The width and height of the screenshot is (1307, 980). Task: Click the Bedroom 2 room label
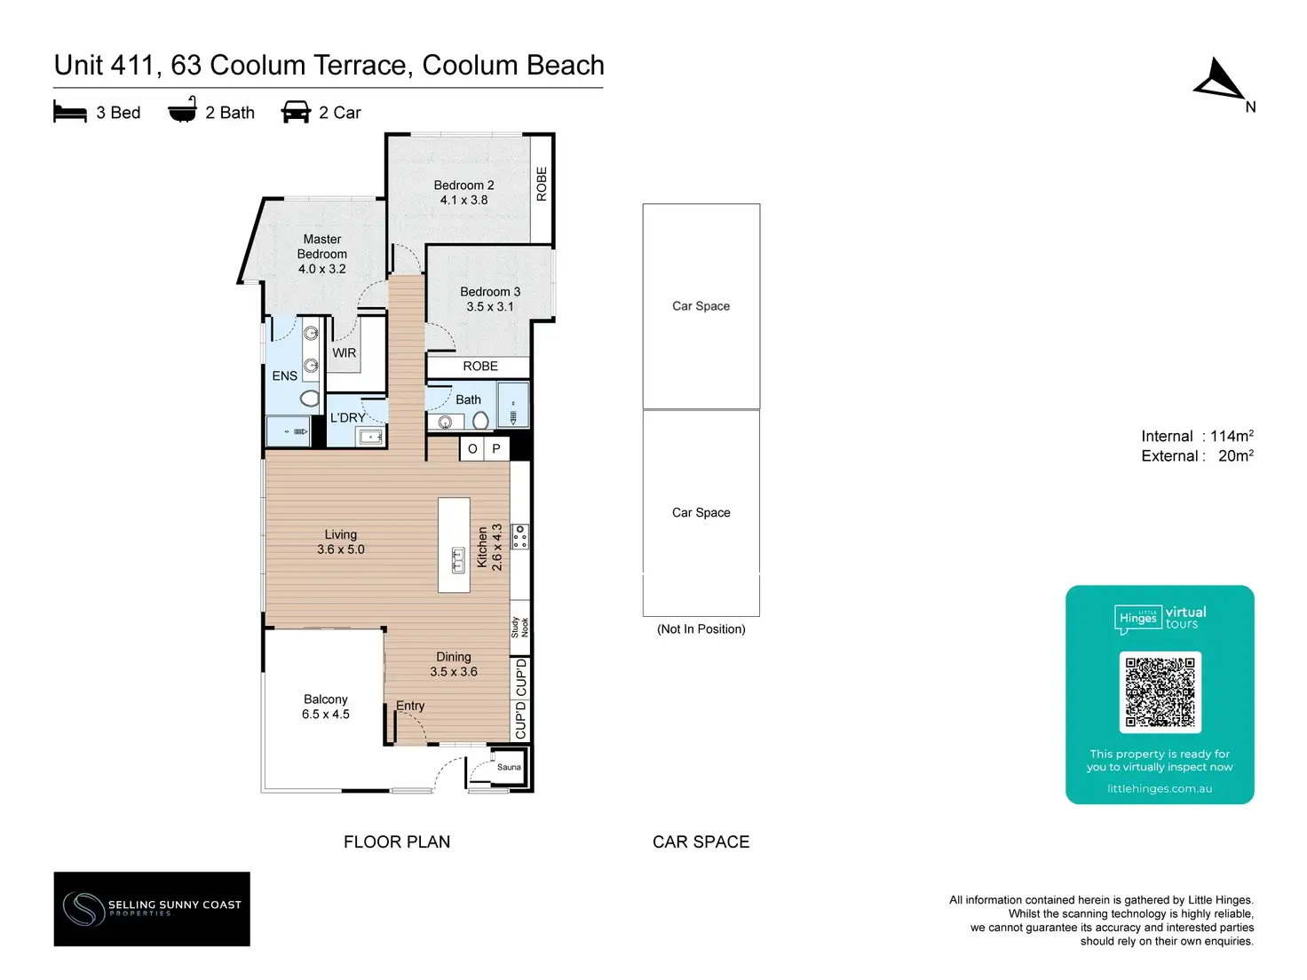pyautogui.click(x=463, y=186)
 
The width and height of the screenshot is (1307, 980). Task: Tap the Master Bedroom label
pyautogui.click(x=322, y=247)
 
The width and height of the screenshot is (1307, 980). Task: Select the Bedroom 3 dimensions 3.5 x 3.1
pyautogui.click(x=490, y=307)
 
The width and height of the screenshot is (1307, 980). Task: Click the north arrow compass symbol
pyautogui.click(x=1219, y=80)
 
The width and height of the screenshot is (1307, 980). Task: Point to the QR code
pyautogui.click(x=1160, y=692)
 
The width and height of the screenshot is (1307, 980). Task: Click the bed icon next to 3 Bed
pyautogui.click(x=70, y=112)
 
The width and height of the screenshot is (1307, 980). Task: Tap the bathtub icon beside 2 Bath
pyautogui.click(x=182, y=111)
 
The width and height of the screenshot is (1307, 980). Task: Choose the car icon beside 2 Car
pyautogui.click(x=296, y=112)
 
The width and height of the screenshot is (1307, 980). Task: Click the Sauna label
pyautogui.click(x=509, y=767)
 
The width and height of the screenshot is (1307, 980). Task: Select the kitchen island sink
pyautogui.click(x=458, y=559)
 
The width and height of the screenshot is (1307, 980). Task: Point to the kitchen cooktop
pyautogui.click(x=520, y=536)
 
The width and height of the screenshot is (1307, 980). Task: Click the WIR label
pyautogui.click(x=345, y=353)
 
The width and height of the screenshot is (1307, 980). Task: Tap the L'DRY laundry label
pyautogui.click(x=348, y=418)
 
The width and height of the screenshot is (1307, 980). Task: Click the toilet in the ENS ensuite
pyautogui.click(x=309, y=399)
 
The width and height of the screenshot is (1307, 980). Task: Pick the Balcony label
pyautogui.click(x=326, y=699)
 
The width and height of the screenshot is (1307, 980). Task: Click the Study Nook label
pyautogui.click(x=519, y=627)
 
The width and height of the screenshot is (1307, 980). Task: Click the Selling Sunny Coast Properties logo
pyautogui.click(x=152, y=908)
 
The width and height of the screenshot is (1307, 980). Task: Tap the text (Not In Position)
pyautogui.click(x=701, y=629)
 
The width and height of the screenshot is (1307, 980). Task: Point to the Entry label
pyautogui.click(x=410, y=706)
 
